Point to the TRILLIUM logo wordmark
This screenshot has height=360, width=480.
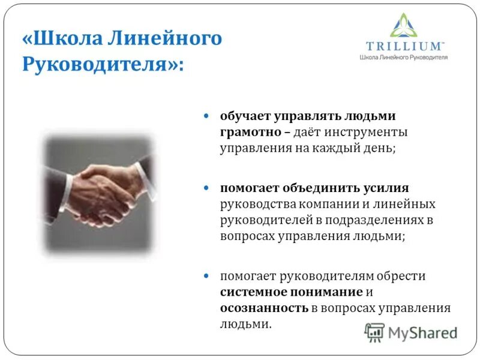[405, 46]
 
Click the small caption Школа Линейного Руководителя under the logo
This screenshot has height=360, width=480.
[403, 57]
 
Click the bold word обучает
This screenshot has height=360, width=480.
[243, 116]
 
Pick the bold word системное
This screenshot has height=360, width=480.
[252, 292]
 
